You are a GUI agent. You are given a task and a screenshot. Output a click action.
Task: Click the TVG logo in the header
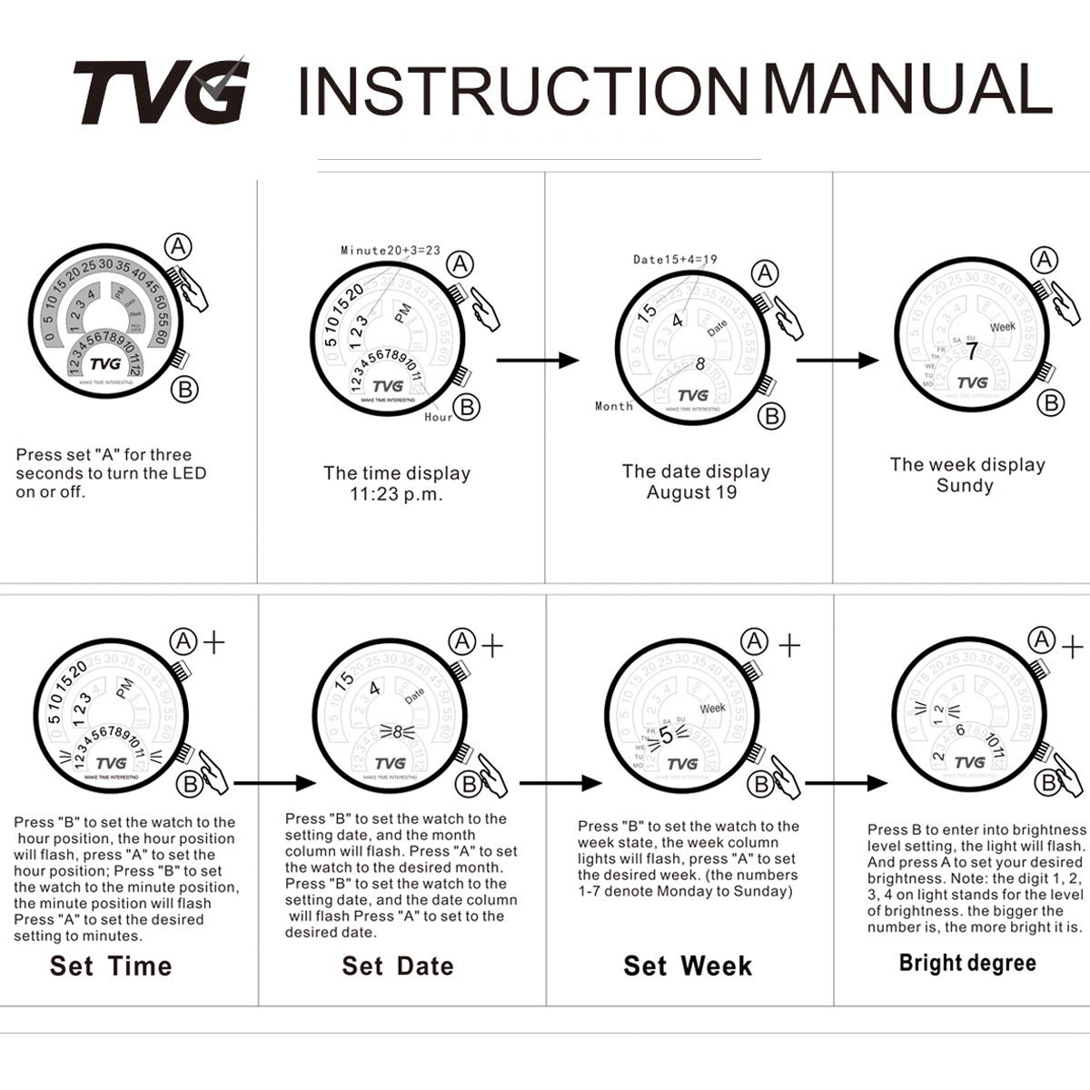pos(160,91)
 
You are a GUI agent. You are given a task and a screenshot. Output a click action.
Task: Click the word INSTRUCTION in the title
pos(525,91)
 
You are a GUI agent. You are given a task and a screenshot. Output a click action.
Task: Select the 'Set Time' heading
pos(111,966)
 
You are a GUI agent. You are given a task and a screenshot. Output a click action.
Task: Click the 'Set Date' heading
pos(398,966)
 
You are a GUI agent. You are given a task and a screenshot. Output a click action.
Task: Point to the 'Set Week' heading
pos(688,966)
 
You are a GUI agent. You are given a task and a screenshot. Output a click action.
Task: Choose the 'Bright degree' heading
pos(967,963)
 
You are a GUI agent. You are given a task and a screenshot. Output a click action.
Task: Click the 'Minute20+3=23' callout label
pos(390,250)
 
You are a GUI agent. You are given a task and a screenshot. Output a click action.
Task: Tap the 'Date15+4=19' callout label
pos(675,259)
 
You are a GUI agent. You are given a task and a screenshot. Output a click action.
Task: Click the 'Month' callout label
pos(614,406)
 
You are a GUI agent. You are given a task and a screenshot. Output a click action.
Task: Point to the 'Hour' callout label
pos(438,417)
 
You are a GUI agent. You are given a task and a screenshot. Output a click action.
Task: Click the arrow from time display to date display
pos(538,360)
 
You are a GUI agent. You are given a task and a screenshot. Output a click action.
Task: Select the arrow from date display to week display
pos(837,360)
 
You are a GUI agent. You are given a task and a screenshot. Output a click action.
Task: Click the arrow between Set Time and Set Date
pos(274,783)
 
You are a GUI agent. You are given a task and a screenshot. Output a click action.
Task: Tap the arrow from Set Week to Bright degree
pos(846,783)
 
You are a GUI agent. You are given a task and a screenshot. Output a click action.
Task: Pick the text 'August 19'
pos(691,493)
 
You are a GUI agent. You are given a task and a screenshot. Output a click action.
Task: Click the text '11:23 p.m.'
pos(397,495)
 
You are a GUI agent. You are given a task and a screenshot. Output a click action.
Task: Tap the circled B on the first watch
pos(184,390)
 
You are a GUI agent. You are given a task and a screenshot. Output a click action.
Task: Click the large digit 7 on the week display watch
pos(971,352)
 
